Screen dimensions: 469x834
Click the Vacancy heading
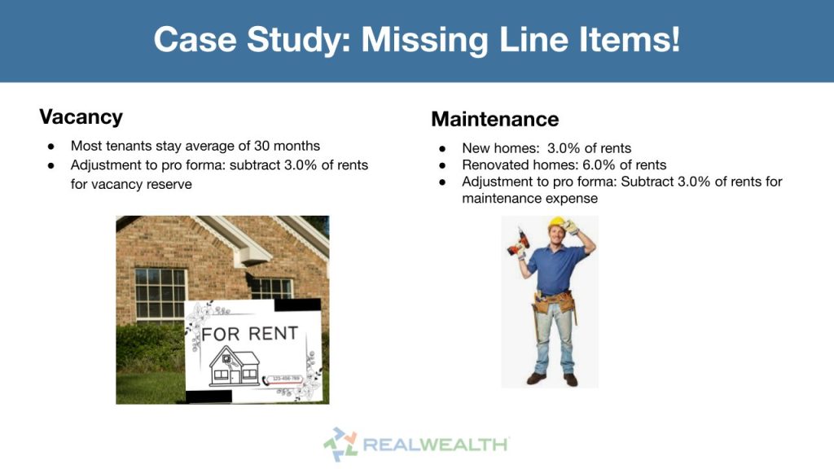pos(81,116)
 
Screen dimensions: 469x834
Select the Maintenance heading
pos(494,120)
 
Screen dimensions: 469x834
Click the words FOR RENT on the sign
pos(249,334)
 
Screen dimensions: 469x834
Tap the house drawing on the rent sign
pos(234,366)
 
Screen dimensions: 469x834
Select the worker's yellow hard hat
pos(558,223)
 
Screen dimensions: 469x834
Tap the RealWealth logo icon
pos(340,444)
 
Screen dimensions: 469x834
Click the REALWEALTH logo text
pos(436,445)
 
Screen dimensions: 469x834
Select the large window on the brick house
pos(160,293)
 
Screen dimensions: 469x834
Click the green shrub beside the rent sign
pos(151,346)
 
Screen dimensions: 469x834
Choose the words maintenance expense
pos(530,198)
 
